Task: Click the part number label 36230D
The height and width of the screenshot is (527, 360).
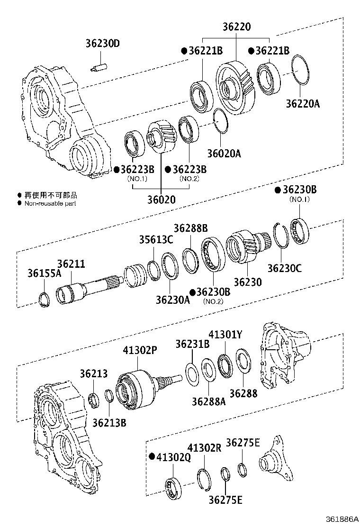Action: [x=103, y=44]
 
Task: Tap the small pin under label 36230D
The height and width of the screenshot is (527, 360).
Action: [x=99, y=67]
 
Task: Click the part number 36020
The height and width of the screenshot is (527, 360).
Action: [x=161, y=200]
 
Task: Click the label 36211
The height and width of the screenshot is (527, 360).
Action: [x=71, y=263]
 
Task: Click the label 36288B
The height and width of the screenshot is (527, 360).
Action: [x=190, y=228]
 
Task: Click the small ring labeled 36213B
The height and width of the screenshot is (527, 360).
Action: [x=108, y=395]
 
